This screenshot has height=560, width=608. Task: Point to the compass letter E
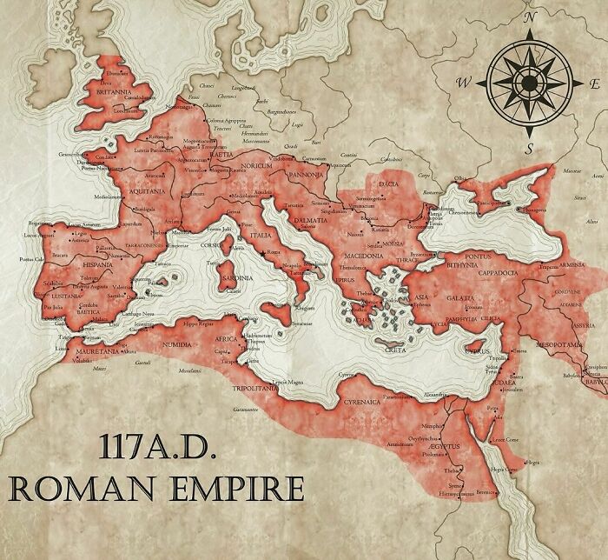[x=596, y=83]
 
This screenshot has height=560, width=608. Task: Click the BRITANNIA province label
[x=115, y=91]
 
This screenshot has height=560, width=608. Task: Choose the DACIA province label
[x=389, y=185]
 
